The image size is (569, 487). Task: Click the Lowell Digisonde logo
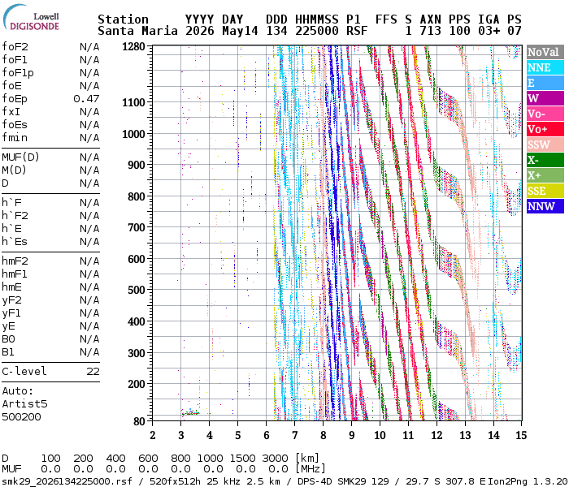click(x=31, y=18)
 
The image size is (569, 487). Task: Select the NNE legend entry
click(x=545, y=67)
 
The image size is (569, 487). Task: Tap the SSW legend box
click(x=545, y=144)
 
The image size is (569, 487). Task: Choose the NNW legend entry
click(x=545, y=206)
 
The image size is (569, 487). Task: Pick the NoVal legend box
click(x=545, y=52)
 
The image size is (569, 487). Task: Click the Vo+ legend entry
click(x=545, y=129)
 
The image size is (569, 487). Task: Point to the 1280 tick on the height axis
click(x=133, y=47)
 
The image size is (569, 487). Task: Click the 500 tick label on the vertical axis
click(x=137, y=291)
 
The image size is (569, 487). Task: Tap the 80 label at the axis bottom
click(x=139, y=421)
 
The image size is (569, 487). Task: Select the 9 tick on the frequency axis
click(x=352, y=435)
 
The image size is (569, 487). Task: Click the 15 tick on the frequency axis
click(x=521, y=435)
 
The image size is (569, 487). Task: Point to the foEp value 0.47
click(x=86, y=98)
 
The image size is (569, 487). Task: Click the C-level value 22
click(x=93, y=372)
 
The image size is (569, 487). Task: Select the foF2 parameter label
click(x=15, y=47)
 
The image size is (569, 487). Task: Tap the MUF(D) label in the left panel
click(x=20, y=157)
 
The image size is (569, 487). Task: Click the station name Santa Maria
click(x=137, y=31)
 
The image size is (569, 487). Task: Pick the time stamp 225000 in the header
click(x=317, y=31)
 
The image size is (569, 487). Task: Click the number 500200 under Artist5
click(x=21, y=416)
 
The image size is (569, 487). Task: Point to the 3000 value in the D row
click(x=275, y=459)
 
